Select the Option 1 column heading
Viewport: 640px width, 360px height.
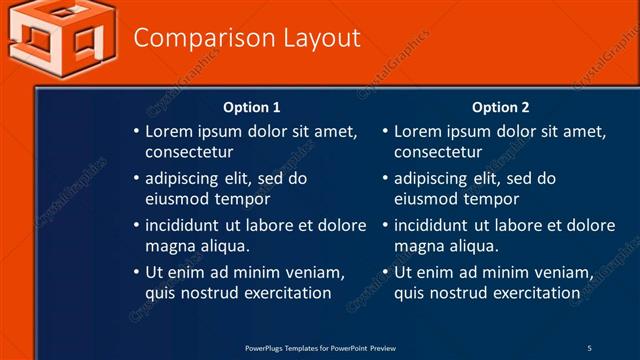tap(252, 107)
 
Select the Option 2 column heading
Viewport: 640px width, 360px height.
tap(501, 107)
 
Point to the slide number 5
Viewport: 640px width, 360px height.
tap(589, 348)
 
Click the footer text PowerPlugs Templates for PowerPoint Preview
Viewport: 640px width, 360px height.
tap(320, 348)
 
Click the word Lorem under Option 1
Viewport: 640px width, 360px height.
tap(168, 131)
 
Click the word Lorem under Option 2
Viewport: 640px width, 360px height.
tap(417, 131)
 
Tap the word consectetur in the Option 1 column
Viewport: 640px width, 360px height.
tap(189, 152)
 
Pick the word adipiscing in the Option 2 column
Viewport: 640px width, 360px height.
tap(431, 178)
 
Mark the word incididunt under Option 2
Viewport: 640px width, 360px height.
tap(436, 225)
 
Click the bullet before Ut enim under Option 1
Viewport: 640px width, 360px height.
tap(137, 272)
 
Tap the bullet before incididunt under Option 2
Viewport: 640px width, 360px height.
tap(386, 225)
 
